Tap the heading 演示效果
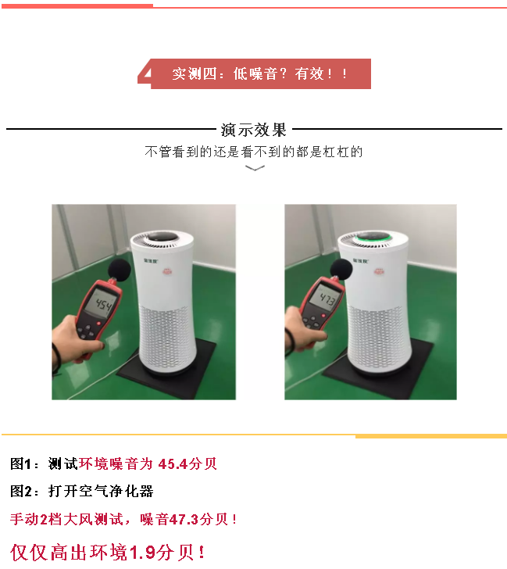pos(253,130)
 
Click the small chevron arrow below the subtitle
pos(255,167)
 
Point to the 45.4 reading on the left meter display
pos(104,305)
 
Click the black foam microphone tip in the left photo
pos(120,270)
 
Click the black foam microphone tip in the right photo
pos(341,269)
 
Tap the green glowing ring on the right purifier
pos(373,239)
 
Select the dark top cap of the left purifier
pos(162,237)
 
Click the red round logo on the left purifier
pos(167,271)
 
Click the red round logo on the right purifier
pos(379,271)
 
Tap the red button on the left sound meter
pos(98,323)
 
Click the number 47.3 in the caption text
pos(184,519)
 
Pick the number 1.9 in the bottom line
pos(142,553)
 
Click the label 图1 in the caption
pos(22,463)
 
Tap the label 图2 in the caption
pos(22,492)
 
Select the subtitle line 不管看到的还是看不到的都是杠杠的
pos(253,152)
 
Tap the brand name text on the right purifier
pos(360,261)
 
